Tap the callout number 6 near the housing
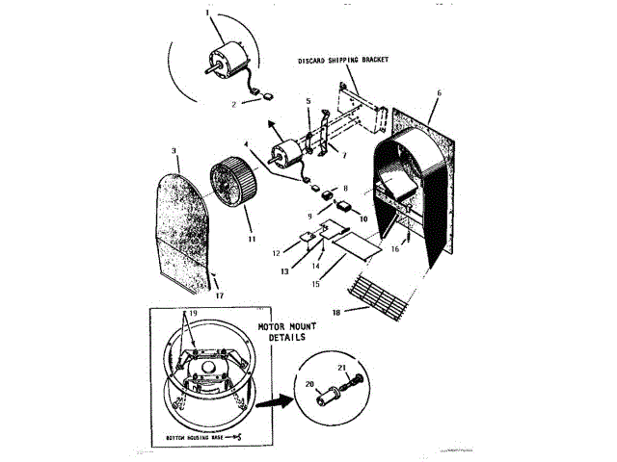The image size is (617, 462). tap(439, 93)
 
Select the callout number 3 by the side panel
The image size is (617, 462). tap(174, 151)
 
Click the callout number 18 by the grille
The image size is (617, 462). tap(364, 311)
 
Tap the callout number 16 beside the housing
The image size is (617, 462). tap(394, 247)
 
